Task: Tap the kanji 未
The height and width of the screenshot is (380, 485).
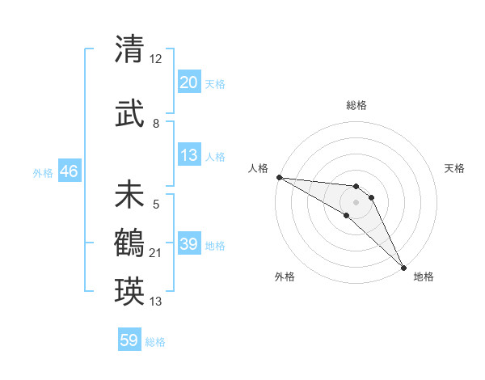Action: pos(129,196)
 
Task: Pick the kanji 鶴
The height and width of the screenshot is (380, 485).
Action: pos(129,242)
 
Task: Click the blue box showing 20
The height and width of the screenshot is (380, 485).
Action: pos(189,82)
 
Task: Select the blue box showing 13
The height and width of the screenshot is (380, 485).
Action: pos(189,156)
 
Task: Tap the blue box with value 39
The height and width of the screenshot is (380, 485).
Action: pos(189,244)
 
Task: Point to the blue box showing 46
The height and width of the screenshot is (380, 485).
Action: pos(69,172)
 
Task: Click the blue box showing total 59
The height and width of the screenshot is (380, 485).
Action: pos(129,340)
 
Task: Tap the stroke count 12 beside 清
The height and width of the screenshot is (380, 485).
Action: pos(157,59)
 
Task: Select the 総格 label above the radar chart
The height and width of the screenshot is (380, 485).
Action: pos(356,105)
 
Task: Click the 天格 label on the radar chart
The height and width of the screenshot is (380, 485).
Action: pos(454,168)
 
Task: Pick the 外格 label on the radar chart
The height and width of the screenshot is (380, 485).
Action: pos(285,277)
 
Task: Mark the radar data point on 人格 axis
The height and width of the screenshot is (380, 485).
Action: pos(279,177)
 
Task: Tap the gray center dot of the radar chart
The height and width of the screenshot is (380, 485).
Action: pos(356,202)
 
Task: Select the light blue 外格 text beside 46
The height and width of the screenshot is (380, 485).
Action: pos(43,173)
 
